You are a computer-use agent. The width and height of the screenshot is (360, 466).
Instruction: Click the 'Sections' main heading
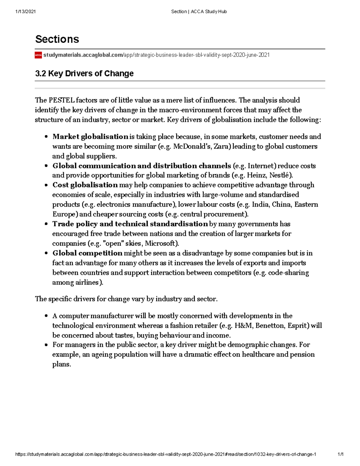pyautogui.click(x=57, y=39)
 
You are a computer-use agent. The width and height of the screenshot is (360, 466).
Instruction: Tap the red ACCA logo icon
pyautogui.click(x=38, y=55)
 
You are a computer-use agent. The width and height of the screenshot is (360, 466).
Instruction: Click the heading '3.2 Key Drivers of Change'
pyautogui.click(x=84, y=74)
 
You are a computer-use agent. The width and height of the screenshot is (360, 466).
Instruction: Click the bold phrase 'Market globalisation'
pyautogui.click(x=90, y=137)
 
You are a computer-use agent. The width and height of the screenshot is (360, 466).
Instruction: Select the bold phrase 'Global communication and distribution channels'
pyautogui.click(x=142, y=166)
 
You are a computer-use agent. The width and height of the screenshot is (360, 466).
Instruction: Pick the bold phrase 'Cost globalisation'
pyautogui.click(x=85, y=185)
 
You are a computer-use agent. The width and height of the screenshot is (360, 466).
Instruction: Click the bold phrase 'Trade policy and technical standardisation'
pyautogui.click(x=130, y=224)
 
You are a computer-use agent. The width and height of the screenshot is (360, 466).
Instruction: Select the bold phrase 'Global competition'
pyautogui.click(x=87, y=253)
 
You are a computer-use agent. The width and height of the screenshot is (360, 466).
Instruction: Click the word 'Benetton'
pyautogui.click(x=270, y=326)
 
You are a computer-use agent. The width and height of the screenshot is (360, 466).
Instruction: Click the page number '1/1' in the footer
pyautogui.click(x=340, y=454)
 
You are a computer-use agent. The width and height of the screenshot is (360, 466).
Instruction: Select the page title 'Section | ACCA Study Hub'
pyautogui.click(x=199, y=11)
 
